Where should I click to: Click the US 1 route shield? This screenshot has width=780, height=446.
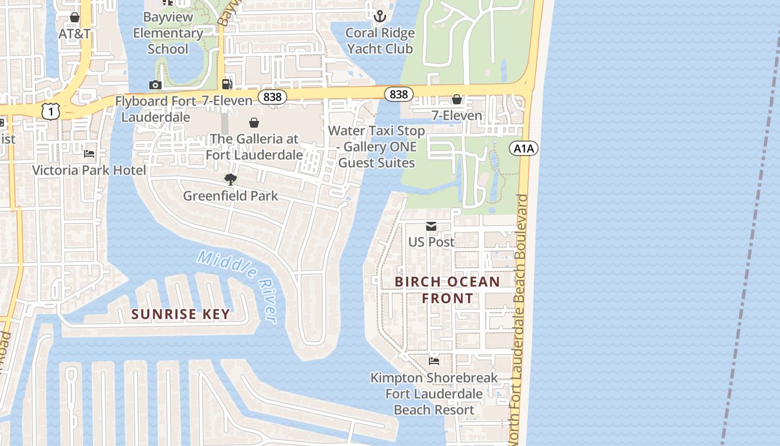(x=51, y=112)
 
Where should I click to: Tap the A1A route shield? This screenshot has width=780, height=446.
(x=524, y=148)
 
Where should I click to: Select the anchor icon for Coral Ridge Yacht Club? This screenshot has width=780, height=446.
(x=380, y=16)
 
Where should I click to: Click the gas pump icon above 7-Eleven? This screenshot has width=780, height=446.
(x=227, y=84)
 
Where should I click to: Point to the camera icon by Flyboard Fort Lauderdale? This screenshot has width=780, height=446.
(x=155, y=85)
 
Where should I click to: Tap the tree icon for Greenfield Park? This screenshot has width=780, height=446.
(x=230, y=179)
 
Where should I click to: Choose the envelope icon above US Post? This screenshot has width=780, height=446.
(x=431, y=226)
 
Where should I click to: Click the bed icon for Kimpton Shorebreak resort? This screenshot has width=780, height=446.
(x=434, y=361)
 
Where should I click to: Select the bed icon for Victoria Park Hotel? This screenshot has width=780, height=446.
(x=89, y=154)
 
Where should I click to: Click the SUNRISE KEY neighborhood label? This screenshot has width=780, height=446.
(x=181, y=314)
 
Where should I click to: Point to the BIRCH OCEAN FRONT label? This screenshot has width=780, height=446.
(x=447, y=290)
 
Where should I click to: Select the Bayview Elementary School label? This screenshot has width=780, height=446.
(x=168, y=33)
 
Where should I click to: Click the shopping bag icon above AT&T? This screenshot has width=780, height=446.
(x=75, y=18)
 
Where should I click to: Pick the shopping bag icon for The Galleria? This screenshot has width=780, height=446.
(x=254, y=123)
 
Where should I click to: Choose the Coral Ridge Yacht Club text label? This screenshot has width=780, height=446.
(x=380, y=41)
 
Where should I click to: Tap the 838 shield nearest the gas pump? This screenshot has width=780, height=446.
(x=272, y=98)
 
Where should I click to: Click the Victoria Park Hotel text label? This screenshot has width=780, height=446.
(x=89, y=171)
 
